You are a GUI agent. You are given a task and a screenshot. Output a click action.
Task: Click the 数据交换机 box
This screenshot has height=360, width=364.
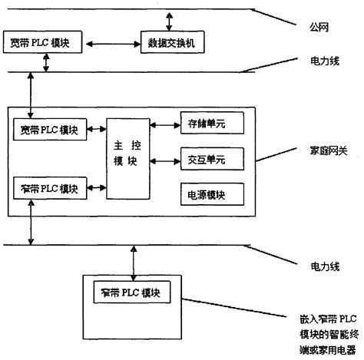click(x=171, y=41)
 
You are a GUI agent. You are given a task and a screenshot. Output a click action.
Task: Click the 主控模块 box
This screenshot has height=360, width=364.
click(x=128, y=158)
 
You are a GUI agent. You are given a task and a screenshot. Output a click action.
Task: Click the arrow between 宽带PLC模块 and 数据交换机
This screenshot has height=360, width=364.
click(x=107, y=41)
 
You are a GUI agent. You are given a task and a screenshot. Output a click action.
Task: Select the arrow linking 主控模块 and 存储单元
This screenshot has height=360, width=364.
click(x=165, y=123)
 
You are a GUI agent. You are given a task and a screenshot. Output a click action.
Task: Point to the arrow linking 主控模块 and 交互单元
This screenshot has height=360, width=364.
click(x=165, y=160)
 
